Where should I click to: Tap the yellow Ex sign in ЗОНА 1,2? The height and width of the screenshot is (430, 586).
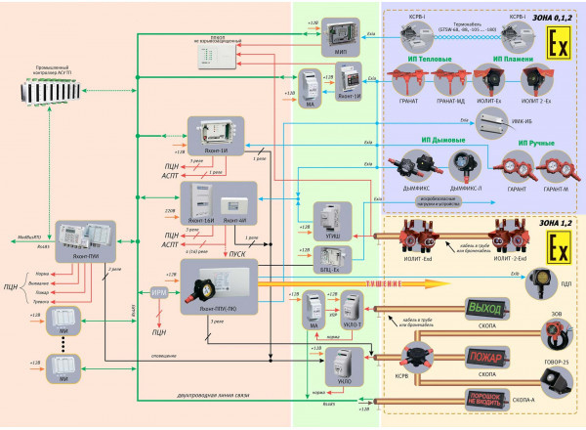[x=559, y=254]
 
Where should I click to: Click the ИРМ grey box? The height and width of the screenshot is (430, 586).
[x=160, y=292]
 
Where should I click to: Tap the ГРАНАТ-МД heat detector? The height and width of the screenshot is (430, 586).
[x=449, y=81]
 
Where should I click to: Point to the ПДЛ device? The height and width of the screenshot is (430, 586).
[x=540, y=287]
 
